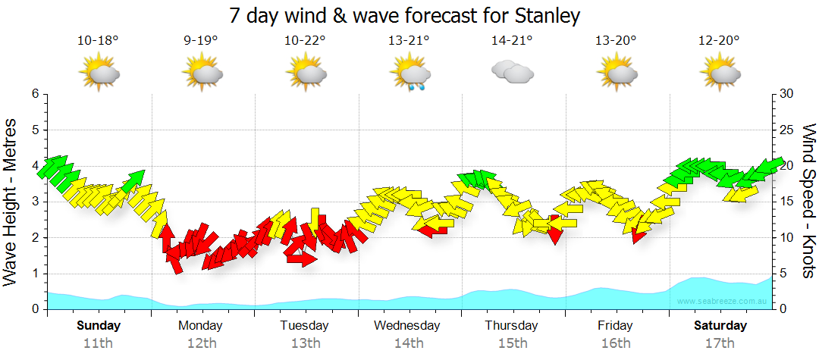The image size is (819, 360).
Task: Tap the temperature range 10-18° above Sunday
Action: (98, 41)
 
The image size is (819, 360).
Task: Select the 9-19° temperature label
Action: (201, 41)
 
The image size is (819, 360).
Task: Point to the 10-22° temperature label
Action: (306, 41)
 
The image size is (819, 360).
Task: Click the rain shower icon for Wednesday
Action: (410, 74)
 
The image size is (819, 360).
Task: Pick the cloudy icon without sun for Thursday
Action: (512, 72)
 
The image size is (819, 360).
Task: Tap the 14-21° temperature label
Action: (512, 41)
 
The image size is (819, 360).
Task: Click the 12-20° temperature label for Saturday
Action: (719, 41)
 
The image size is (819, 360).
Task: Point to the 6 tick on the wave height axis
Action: (34, 94)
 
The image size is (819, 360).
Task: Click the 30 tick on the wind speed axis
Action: (787, 94)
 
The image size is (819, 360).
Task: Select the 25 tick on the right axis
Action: (787, 130)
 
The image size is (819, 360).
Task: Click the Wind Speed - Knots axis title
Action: (808, 201)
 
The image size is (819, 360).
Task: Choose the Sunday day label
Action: (99, 326)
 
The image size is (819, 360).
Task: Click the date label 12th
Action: (202, 343)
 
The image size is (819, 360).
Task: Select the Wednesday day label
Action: (407, 326)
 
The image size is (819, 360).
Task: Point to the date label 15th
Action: (513, 343)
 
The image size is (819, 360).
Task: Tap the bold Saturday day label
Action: (721, 326)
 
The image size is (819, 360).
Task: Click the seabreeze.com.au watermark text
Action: (724, 302)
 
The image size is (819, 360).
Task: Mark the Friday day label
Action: (615, 326)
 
